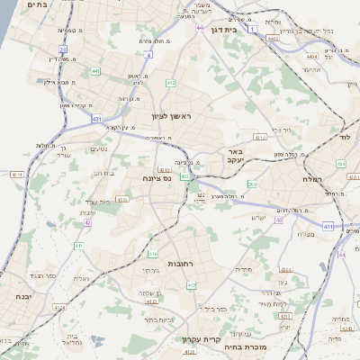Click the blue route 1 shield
pos(253,29)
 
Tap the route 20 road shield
pos(63,49)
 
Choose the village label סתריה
pos(243,268)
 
